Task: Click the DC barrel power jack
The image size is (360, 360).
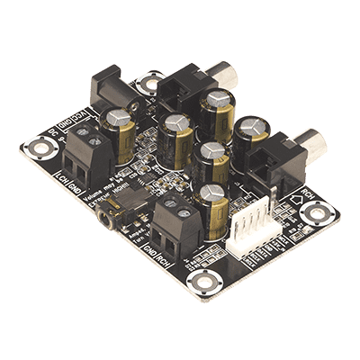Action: [x=107, y=89]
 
